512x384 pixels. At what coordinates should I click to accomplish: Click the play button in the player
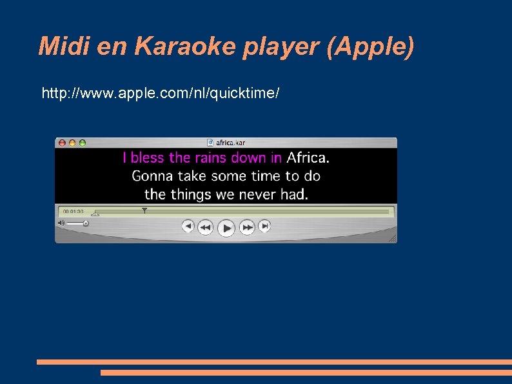pos(226,227)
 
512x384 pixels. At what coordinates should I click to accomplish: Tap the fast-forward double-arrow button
pos(247,227)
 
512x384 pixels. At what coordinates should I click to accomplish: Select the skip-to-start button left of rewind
pos(188,226)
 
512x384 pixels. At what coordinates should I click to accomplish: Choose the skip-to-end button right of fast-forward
pos(264,226)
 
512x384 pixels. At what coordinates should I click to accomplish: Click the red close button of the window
pos(62,143)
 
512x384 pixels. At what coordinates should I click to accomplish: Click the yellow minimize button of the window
pos(72,143)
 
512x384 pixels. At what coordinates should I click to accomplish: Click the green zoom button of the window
pos(82,143)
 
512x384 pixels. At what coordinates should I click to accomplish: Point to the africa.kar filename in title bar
pos(230,143)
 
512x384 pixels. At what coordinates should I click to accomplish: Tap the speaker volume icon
pos(61,223)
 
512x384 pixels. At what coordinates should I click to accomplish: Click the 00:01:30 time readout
pos(73,212)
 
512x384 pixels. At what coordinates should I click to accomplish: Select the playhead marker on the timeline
pos(144,210)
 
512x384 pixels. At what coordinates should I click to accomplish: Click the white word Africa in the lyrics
pos(307,157)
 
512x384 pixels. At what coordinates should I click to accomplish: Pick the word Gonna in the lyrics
pos(152,176)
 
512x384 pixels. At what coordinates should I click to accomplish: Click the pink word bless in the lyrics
pos(148,157)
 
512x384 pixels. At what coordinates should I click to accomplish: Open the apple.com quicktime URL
pos(161,94)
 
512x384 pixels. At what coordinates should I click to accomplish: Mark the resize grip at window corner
pos(392,238)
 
